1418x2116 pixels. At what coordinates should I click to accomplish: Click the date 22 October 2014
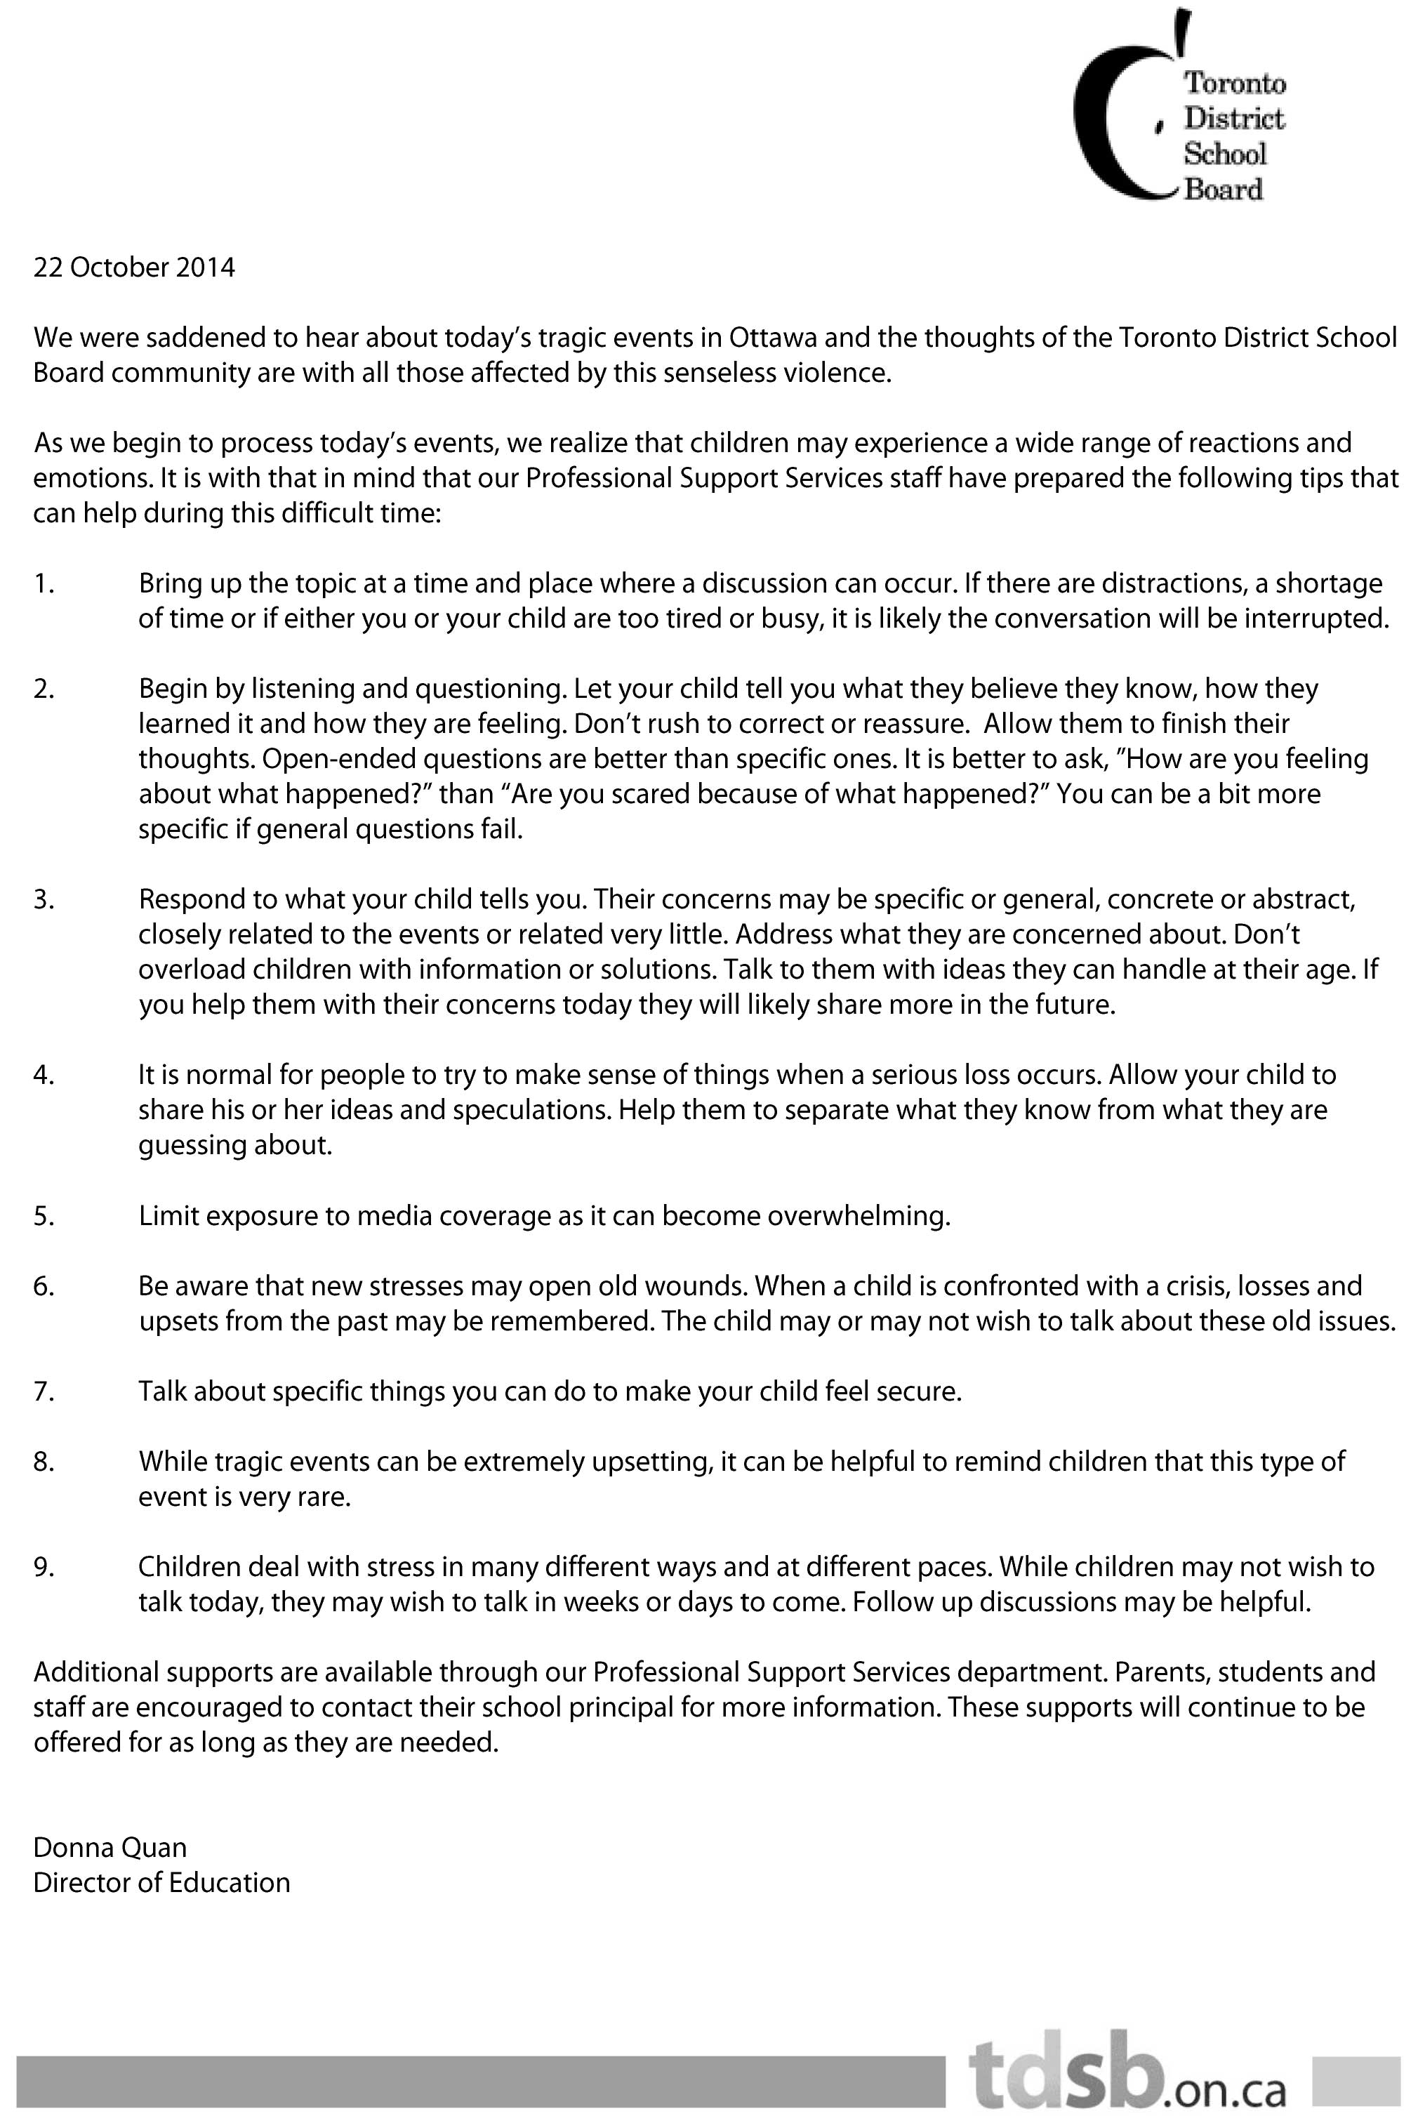[134, 267]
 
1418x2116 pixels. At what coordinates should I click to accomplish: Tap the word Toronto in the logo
[1235, 83]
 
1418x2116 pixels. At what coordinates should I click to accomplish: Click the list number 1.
[44, 583]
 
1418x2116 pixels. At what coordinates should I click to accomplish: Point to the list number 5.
[44, 1216]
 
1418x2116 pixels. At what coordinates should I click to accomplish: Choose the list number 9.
[44, 1567]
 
